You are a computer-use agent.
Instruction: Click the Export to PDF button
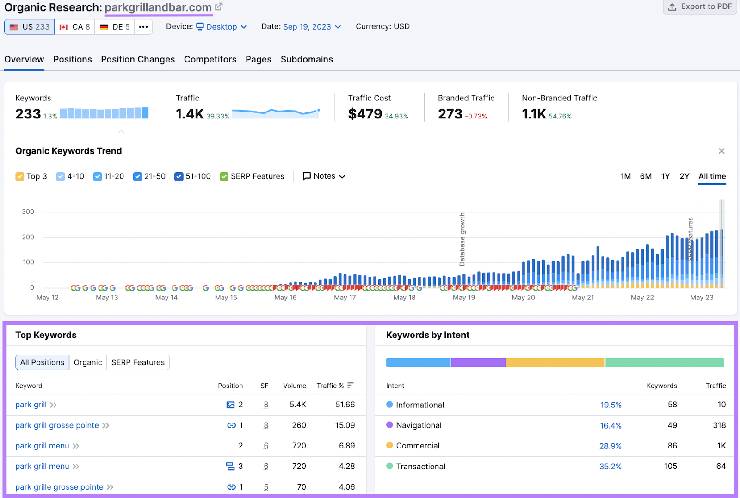pos(700,7)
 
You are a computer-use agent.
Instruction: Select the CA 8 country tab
pos(74,27)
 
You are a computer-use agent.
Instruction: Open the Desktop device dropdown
pos(221,27)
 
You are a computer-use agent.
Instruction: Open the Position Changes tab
pos(138,59)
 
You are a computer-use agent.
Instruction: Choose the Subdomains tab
pos(307,59)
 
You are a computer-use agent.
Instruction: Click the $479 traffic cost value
pos(365,114)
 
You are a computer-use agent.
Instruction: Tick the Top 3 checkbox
pos(20,176)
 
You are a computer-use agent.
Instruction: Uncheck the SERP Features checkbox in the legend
pos(224,176)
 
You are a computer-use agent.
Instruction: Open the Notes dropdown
pos(324,176)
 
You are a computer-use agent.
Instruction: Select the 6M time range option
pos(646,176)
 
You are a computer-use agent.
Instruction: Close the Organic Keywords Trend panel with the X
pos(721,151)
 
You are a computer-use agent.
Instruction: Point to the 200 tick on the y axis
pos(28,237)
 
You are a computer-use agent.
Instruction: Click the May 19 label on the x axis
pos(463,298)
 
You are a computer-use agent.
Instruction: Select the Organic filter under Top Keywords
pos(88,362)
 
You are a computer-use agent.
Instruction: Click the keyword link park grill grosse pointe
pos(57,425)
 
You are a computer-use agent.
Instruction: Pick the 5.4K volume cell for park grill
pos(298,405)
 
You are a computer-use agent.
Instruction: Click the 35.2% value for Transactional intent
pos(610,467)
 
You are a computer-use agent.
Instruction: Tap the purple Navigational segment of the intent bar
pos(478,362)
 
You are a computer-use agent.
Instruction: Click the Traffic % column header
pos(331,386)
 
